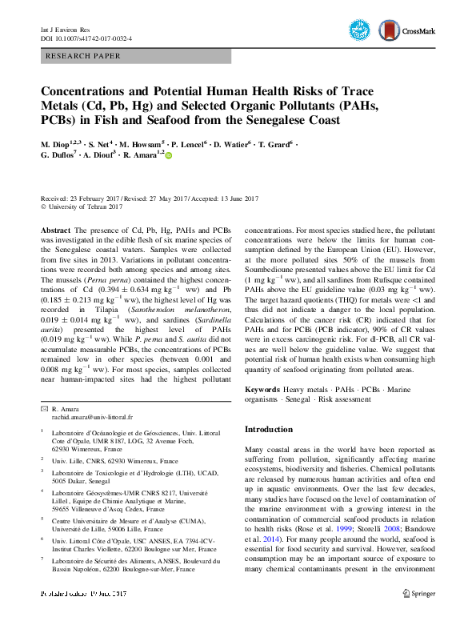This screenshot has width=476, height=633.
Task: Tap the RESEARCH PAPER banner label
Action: pyautogui.click(x=83, y=57)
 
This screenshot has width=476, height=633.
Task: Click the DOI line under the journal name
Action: pyautogui.click(x=86, y=37)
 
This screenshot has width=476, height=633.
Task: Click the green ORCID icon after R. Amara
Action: pyautogui.click(x=169, y=155)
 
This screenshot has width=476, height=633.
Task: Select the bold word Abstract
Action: pyautogui.click(x=56, y=230)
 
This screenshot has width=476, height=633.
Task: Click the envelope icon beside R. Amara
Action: pyautogui.click(x=44, y=409)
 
